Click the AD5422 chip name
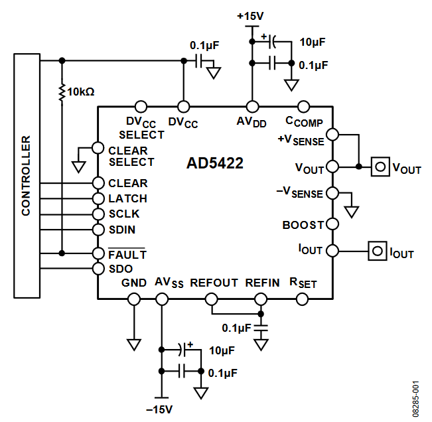point(214,163)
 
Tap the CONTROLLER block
point(26,176)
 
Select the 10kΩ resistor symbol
point(62,92)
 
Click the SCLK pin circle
point(98,214)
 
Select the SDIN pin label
point(123,230)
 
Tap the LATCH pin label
point(127,198)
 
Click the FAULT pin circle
point(98,253)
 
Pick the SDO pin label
point(121,269)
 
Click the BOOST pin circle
point(333,225)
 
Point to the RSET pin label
point(303,283)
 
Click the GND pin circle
point(134,299)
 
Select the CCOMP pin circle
point(304,106)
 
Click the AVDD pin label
point(252,122)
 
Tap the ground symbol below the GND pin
point(134,344)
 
